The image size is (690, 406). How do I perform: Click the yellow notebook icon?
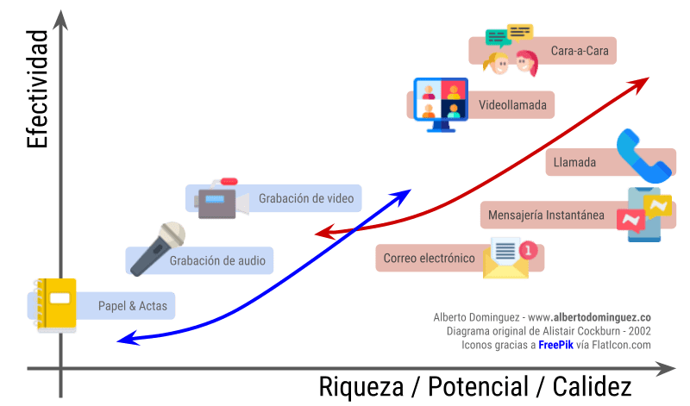(x=56, y=305)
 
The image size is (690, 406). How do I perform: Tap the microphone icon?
(x=158, y=249)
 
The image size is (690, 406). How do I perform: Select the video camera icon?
(x=222, y=199)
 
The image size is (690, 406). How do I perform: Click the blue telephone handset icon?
(x=643, y=156)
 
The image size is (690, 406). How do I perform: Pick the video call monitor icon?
(x=441, y=104)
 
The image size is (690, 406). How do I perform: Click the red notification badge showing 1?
(x=528, y=250)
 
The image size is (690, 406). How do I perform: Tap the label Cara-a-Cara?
(x=580, y=51)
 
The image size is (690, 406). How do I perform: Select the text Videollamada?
(x=512, y=105)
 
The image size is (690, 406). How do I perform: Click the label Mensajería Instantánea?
(x=546, y=215)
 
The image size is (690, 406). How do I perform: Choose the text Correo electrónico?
(x=429, y=259)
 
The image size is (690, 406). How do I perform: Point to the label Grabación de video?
(x=306, y=198)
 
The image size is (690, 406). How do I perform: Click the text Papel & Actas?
(x=133, y=306)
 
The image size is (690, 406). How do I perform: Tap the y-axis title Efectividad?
(x=37, y=89)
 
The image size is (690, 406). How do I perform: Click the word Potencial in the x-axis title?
(x=479, y=387)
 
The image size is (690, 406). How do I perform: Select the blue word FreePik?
(x=555, y=345)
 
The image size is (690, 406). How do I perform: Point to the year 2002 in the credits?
(x=639, y=331)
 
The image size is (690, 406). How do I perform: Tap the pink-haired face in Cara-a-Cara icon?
(x=527, y=62)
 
